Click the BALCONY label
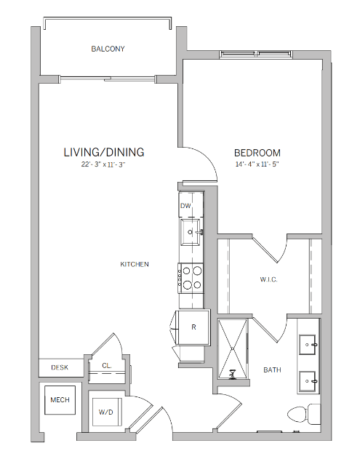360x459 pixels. tap(108, 49)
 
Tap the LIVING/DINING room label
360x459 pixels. tap(104, 152)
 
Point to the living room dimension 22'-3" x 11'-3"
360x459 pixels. tap(104, 164)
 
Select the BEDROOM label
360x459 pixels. tap(257, 153)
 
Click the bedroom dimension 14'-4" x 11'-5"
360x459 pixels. tap(257, 164)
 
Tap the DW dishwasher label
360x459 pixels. tap(185, 206)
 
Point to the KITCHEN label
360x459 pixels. tap(135, 264)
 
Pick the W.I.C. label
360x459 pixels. tap(269, 279)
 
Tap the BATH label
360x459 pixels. tap(273, 370)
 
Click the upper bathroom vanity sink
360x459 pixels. tap(308, 341)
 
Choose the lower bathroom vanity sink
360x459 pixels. tap(308, 378)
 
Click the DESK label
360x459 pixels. tap(59, 368)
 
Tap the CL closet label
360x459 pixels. tap(106, 366)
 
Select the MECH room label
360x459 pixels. tap(59, 401)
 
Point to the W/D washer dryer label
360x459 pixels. tap(106, 412)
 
